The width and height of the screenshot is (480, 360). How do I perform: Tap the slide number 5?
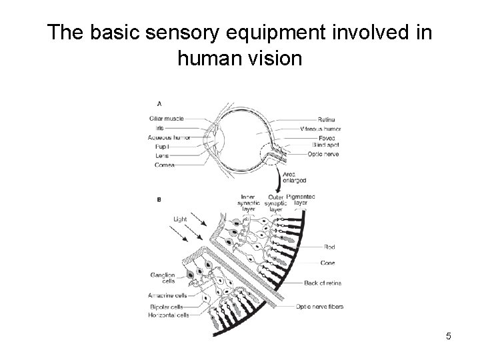click(449, 336)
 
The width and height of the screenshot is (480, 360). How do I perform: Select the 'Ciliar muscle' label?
click(167, 119)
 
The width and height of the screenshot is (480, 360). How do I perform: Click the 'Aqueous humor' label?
click(169, 137)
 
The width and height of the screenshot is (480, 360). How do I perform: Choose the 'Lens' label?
click(163, 155)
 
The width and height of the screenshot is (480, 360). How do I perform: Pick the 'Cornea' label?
click(164, 164)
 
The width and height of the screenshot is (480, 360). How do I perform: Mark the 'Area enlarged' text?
click(295, 177)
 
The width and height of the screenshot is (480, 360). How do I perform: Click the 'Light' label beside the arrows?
click(180, 219)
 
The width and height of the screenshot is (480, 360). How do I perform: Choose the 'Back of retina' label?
click(323, 283)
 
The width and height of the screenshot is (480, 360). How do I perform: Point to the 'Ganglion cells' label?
click(163, 278)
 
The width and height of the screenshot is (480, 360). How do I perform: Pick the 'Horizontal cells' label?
click(169, 315)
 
